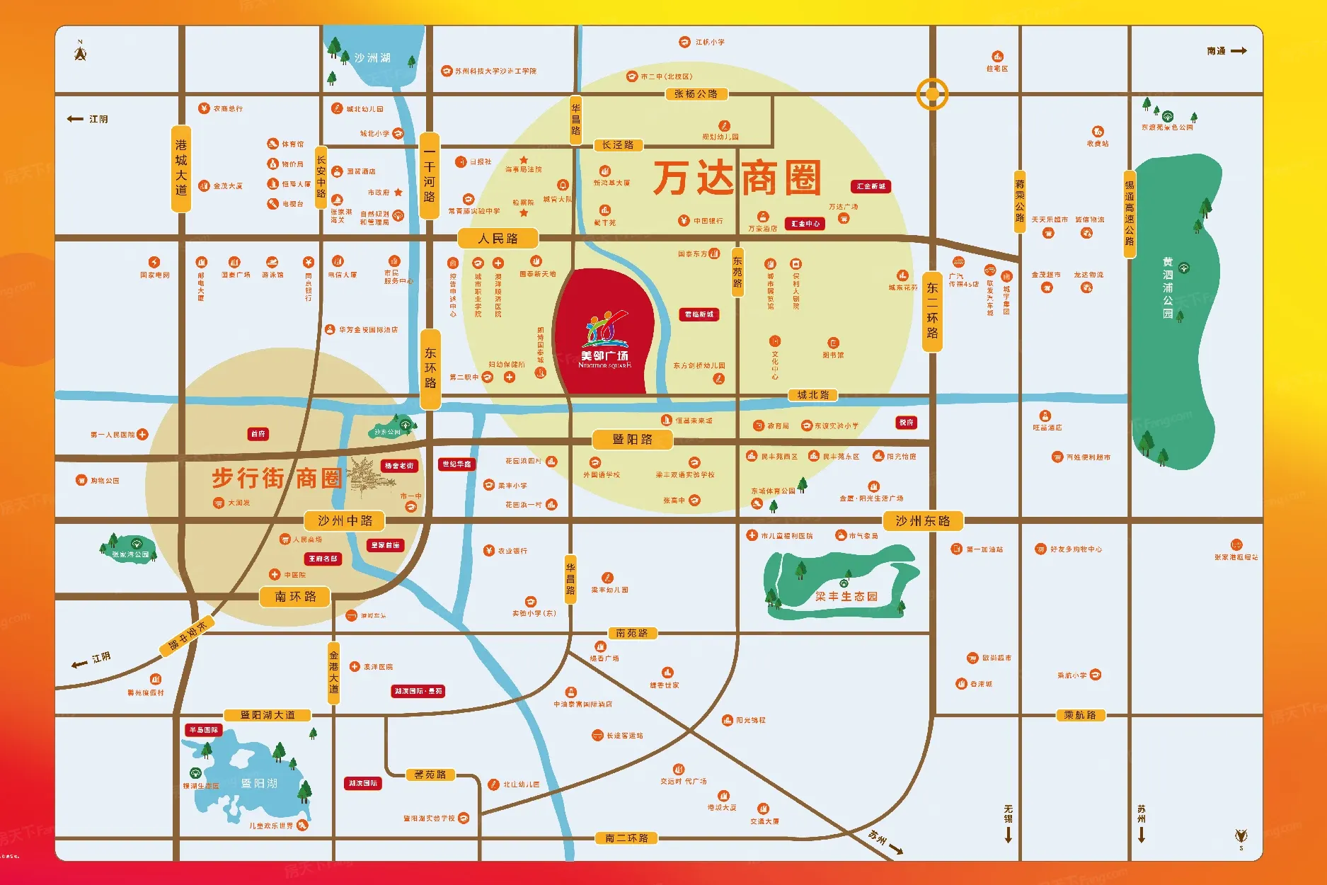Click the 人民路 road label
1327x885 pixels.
point(498,239)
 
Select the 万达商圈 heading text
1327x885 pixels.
point(737,178)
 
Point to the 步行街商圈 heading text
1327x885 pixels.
point(277,478)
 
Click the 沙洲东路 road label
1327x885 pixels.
point(922,521)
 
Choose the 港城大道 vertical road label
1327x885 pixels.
point(181,167)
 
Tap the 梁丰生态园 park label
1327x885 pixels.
point(846,596)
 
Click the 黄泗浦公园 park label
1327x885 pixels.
point(1167,287)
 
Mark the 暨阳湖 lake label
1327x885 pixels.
point(259,783)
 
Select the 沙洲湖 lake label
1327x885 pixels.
point(372,57)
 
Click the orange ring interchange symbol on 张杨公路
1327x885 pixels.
point(932,93)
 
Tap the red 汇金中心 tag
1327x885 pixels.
point(805,224)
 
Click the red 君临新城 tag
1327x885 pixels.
point(699,314)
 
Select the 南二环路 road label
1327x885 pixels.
point(626,838)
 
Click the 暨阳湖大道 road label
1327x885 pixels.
point(268,715)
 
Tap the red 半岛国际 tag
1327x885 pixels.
point(204,730)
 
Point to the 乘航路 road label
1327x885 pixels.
point(1079,715)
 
